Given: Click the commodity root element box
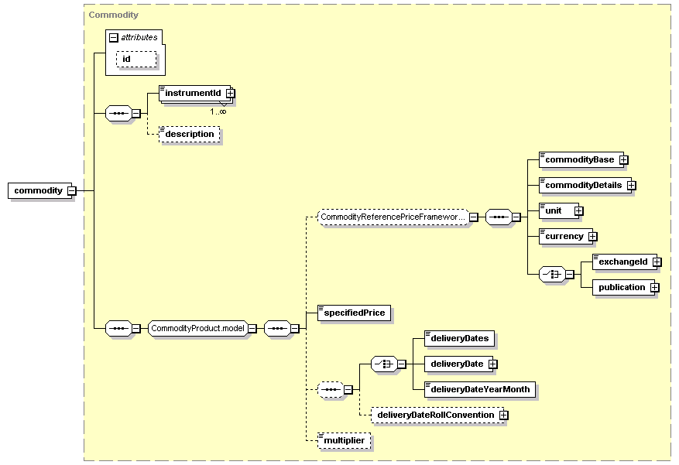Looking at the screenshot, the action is point(39,191).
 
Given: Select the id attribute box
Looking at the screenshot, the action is point(136,60).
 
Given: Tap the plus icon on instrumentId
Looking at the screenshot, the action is point(231,93).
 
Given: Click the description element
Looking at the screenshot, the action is point(190,134).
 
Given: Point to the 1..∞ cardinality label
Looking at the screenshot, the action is point(218,111).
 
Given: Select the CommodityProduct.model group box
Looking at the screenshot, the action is point(198,328).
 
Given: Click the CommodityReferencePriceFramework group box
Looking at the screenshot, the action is point(393,217).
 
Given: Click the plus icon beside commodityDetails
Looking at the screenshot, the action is point(631,185).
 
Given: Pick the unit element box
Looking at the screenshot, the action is point(559,210).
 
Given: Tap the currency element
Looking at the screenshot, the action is point(565,236).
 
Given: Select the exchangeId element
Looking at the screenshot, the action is point(625,262).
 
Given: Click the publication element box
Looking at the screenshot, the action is point(623,287).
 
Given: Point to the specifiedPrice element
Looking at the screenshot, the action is point(355,313).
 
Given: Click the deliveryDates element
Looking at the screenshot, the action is point(459,338).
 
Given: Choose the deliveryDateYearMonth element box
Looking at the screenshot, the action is point(480,389).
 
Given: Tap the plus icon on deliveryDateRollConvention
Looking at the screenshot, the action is point(503,415).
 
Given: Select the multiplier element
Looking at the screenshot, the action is point(345,440).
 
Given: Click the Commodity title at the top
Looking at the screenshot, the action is point(114,15).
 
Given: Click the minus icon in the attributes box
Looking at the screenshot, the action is point(114,38).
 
